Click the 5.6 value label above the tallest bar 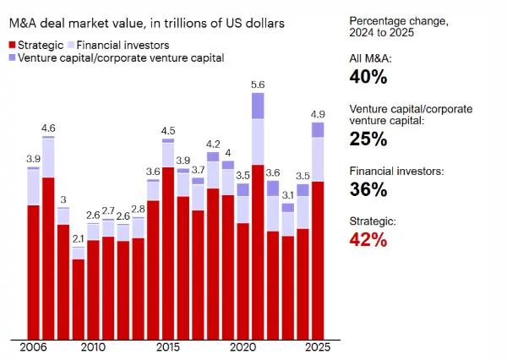(258, 85)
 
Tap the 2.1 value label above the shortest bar (79, 239)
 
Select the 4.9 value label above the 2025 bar (318, 114)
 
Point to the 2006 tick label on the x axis (33, 347)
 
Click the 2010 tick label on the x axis (93, 347)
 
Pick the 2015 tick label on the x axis (168, 347)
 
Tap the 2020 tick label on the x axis (243, 347)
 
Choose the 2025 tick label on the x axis (318, 347)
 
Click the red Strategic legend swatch (12, 43)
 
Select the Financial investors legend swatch (72, 43)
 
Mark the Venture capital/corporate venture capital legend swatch (12, 57)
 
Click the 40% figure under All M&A (368, 77)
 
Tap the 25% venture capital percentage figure (368, 139)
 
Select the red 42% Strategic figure (368, 239)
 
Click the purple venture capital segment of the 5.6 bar (258, 106)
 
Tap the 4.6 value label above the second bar (49, 128)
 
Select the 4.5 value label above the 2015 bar (168, 130)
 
